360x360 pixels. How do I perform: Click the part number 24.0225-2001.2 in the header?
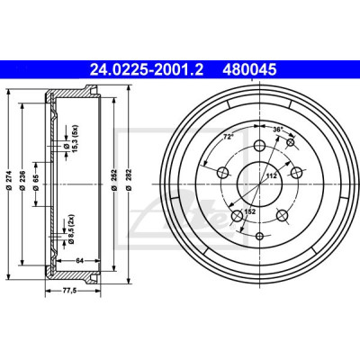click(147, 70)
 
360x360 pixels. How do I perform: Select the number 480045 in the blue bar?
click(249, 70)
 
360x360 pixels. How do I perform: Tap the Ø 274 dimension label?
click(9, 180)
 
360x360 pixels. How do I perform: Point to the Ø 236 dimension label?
click(22, 180)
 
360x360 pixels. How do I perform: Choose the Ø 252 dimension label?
click(113, 180)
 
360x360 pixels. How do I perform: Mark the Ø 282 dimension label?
click(129, 180)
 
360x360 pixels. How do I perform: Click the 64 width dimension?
click(79, 260)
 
